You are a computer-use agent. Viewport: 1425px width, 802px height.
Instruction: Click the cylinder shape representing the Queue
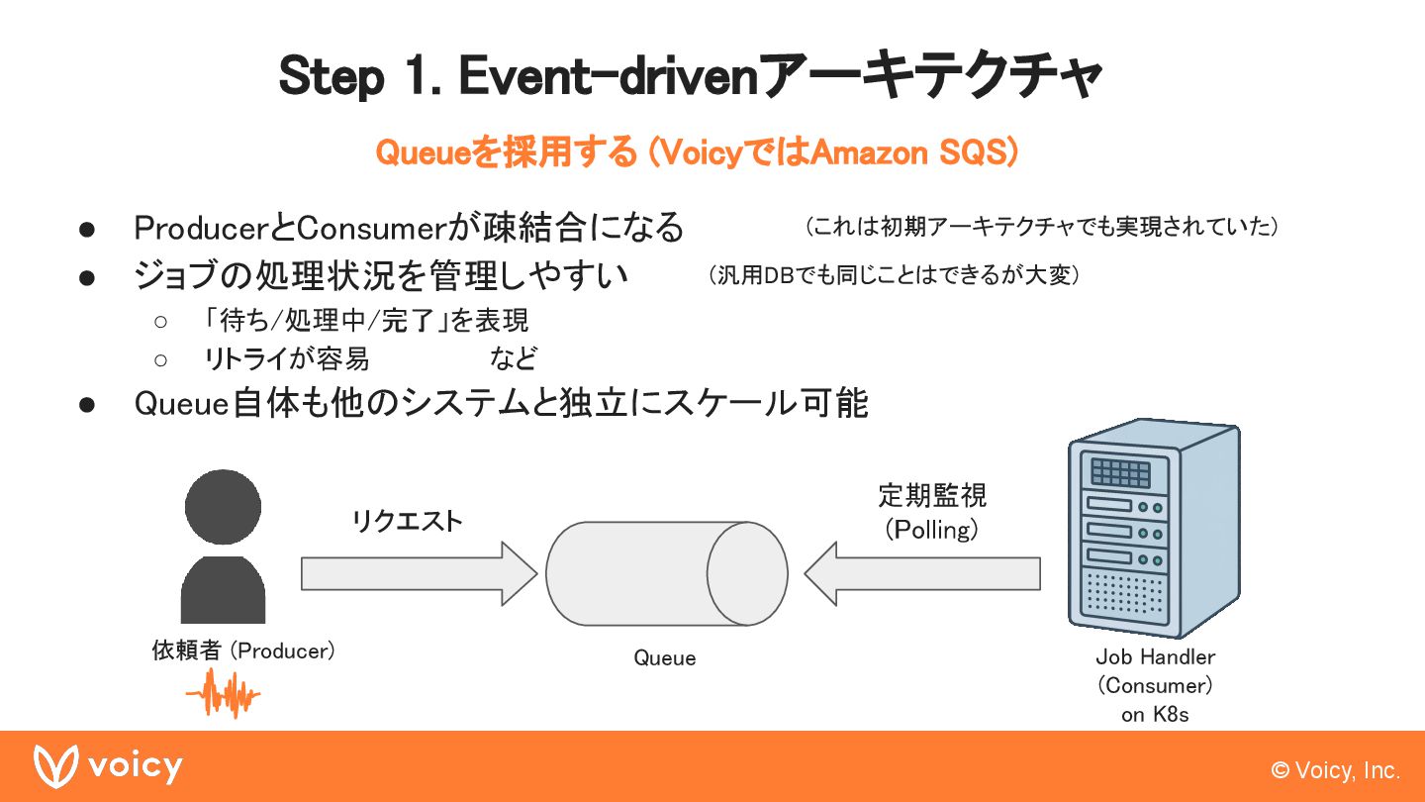[665, 574]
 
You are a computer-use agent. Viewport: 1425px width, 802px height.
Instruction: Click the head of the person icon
[223, 506]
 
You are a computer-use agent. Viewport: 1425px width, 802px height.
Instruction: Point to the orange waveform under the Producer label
[223, 694]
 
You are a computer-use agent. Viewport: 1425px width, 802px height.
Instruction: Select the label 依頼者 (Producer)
[243, 651]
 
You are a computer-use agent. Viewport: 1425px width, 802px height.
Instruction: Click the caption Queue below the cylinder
[665, 658]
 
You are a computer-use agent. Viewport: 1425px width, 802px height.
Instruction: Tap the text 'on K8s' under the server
[1155, 714]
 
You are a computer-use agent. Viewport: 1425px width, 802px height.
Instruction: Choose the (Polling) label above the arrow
[932, 530]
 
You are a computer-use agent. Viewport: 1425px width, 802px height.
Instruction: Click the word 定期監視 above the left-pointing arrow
[932, 495]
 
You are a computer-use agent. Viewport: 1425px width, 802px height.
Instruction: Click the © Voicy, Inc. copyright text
[1336, 770]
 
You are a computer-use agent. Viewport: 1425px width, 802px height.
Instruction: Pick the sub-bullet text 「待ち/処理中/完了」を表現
[366, 320]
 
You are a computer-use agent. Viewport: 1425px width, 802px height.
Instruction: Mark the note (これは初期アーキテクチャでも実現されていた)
[1042, 227]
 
